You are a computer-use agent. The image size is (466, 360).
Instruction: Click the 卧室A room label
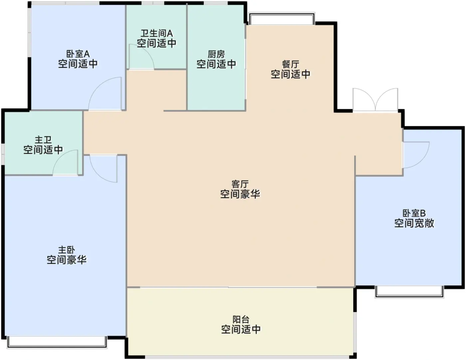78,54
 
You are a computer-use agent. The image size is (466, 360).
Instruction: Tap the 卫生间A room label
156,33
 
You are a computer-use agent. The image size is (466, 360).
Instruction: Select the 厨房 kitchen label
216,54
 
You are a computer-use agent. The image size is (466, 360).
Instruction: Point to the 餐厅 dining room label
290,64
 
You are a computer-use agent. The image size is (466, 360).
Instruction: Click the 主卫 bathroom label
43,140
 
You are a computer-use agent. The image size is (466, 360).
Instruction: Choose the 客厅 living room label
240,184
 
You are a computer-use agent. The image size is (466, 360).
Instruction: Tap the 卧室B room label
414,213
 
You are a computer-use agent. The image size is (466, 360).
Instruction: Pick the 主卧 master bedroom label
67,250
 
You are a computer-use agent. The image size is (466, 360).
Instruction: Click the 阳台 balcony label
241,320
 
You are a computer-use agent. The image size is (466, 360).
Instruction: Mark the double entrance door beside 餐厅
375,100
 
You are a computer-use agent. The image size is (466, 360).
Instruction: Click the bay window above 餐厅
282,18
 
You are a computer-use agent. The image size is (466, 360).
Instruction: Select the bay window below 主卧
57,342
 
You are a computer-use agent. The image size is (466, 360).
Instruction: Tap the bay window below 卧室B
409,292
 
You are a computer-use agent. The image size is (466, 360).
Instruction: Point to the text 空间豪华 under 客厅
240,194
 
